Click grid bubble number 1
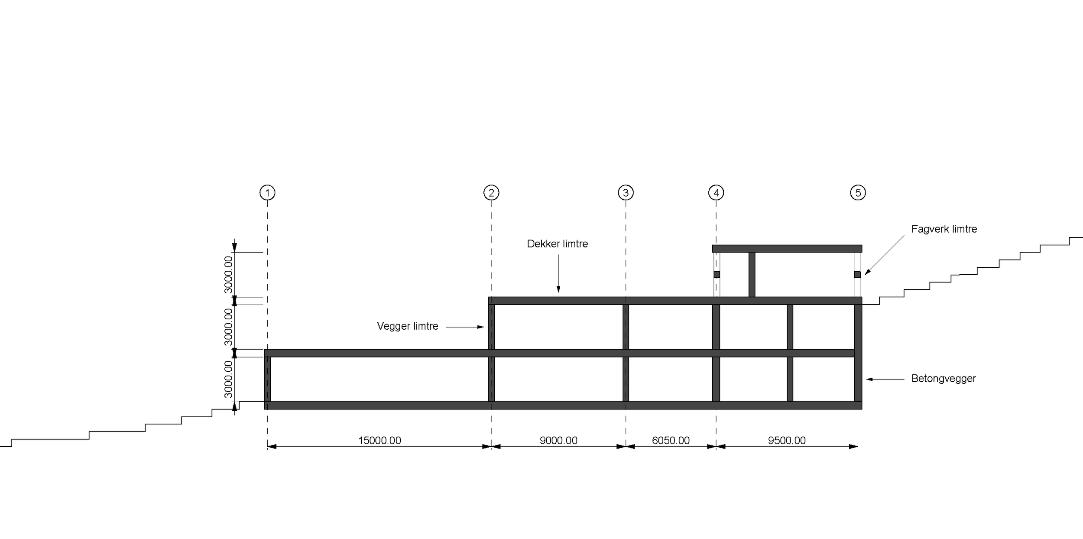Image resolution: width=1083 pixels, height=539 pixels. pyautogui.click(x=267, y=192)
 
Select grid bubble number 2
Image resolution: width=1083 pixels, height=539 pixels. pyautogui.click(x=491, y=192)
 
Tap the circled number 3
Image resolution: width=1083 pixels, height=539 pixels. pyautogui.click(x=626, y=192)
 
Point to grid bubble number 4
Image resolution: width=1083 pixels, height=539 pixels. pyautogui.click(x=716, y=192)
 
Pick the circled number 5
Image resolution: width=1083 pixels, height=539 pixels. pyautogui.click(x=858, y=192)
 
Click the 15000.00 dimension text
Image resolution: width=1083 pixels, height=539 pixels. pyautogui.click(x=379, y=441)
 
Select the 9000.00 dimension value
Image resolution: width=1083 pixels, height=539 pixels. pyautogui.click(x=558, y=441)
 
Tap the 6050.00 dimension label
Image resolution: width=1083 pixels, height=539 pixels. pyautogui.click(x=671, y=441)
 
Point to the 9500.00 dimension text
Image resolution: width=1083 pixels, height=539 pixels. pyautogui.click(x=787, y=441)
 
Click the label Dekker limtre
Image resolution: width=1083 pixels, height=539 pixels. pyautogui.click(x=558, y=244)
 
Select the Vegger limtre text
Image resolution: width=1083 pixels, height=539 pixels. pyautogui.click(x=408, y=326)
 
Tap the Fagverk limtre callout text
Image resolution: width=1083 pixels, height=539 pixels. pyautogui.click(x=944, y=229)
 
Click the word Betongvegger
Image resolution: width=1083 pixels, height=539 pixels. pyautogui.click(x=944, y=379)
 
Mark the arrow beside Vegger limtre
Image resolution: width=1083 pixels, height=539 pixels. pyautogui.click(x=465, y=327)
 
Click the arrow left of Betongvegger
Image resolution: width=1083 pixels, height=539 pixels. pyautogui.click(x=885, y=380)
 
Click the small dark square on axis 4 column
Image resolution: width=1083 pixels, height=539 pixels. pyautogui.click(x=717, y=275)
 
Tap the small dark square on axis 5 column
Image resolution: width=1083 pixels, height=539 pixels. pyautogui.click(x=857, y=275)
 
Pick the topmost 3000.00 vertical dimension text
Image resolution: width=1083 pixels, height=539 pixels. pyautogui.click(x=228, y=275)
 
